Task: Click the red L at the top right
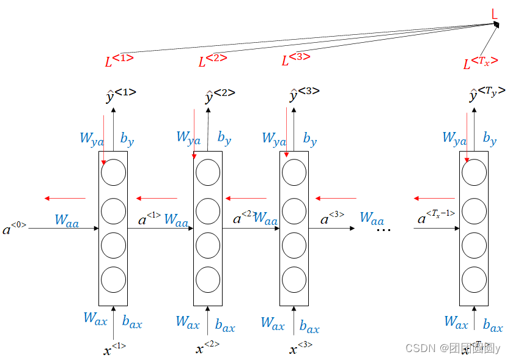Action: pyautogui.click(x=495, y=13)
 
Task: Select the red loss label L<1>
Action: pyautogui.click(x=119, y=60)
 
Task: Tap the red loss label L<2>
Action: pyautogui.click(x=212, y=60)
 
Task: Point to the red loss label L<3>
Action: pyautogui.click(x=295, y=59)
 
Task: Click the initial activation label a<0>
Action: pyautogui.click(x=14, y=229)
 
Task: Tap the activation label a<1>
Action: pyautogui.click(x=149, y=218)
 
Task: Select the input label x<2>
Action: pyautogui.click(x=207, y=348)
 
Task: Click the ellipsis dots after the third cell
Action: pyautogui.click(x=383, y=229)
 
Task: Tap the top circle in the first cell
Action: pyautogui.click(x=113, y=173)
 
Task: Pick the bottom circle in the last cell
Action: pyautogui.click(x=474, y=279)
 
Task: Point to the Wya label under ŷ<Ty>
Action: pyautogui.click(x=454, y=138)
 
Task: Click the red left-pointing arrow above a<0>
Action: pyautogui.click(x=65, y=198)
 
